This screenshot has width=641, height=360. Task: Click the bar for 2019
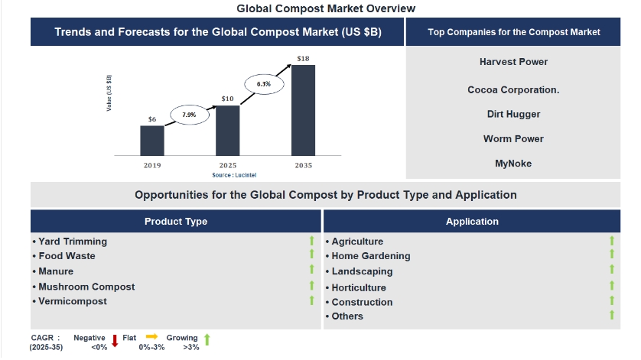pos(151,140)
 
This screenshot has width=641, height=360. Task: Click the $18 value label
pos(303,58)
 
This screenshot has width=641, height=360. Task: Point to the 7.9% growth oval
pos(188,115)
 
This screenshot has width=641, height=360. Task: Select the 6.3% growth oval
pos(263,83)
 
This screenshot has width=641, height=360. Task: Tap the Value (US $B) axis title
pos(109,94)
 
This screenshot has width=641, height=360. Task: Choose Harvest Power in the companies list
pos(513,62)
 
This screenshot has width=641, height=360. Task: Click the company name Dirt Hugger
pos(513,114)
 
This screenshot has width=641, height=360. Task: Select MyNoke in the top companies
pos(513,163)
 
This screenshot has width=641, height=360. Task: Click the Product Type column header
pos(176,222)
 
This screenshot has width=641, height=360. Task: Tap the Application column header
pos(472,222)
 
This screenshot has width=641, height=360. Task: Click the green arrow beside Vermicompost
pos(312,300)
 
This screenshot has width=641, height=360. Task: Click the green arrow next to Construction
pos(612,300)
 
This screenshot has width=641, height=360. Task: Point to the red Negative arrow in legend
pos(115,341)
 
